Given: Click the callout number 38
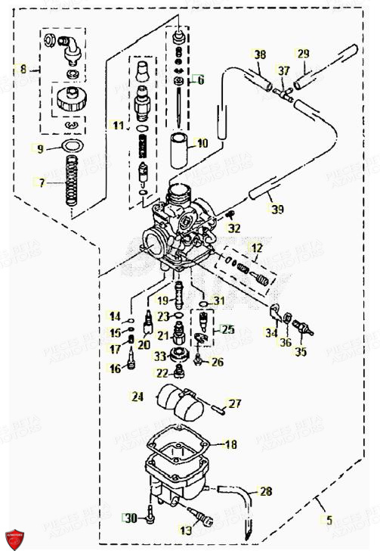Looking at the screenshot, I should tap(260, 54).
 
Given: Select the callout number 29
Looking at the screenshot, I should tap(303, 53).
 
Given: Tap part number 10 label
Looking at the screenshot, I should tap(202, 142).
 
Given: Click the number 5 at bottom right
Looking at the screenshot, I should tap(328, 520).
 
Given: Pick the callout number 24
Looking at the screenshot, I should tap(137, 396).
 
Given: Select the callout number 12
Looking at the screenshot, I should tap(257, 248).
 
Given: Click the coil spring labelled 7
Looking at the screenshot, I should tap(73, 182).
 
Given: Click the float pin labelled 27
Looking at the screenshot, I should tap(218, 409).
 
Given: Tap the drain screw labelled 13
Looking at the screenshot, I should tap(205, 520).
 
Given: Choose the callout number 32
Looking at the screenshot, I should tap(235, 228).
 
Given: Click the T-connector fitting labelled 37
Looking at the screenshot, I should tap(285, 93).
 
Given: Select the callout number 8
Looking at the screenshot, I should tap(23, 69).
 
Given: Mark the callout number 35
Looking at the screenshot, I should tap(301, 352).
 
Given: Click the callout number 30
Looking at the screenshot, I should tap(131, 518).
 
